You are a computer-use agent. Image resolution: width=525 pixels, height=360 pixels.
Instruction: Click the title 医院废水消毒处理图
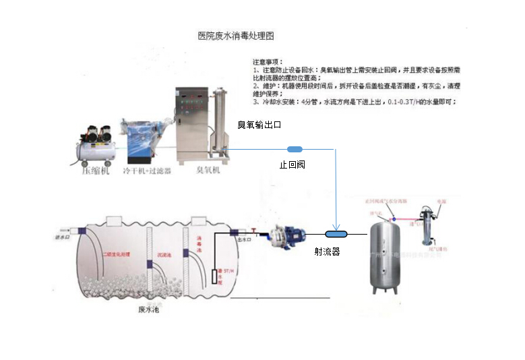(236, 35)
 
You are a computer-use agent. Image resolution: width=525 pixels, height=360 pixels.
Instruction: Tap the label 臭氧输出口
(259, 125)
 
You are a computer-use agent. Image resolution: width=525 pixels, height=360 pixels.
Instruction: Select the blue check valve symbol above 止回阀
(295, 149)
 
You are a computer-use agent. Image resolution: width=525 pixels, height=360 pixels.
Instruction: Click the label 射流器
(327, 251)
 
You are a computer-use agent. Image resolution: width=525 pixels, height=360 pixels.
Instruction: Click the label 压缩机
(94, 171)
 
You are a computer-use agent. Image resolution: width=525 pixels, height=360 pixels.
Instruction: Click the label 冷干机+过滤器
(147, 171)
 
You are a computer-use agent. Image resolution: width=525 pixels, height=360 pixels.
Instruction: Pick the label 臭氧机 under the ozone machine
(208, 171)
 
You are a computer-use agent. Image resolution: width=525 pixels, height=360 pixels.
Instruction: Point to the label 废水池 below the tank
(149, 310)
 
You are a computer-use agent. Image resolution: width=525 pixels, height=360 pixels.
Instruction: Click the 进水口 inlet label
(62, 237)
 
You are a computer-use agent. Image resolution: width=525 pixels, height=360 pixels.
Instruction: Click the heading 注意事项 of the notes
(268, 61)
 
